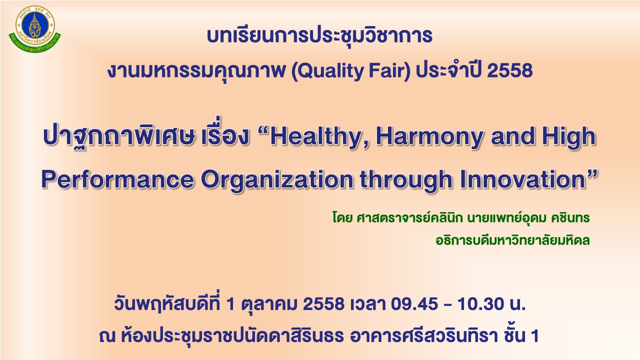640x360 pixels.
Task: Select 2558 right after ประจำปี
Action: [x=510, y=70]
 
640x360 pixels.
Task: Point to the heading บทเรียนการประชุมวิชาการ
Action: [x=319, y=36]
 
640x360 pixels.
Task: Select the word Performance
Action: [x=117, y=180]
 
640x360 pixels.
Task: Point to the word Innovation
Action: [x=523, y=179]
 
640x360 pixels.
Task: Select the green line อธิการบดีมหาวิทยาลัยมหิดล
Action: [x=513, y=240]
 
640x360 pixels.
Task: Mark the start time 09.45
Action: [x=414, y=304]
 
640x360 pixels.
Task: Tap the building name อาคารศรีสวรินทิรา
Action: [x=423, y=336]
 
